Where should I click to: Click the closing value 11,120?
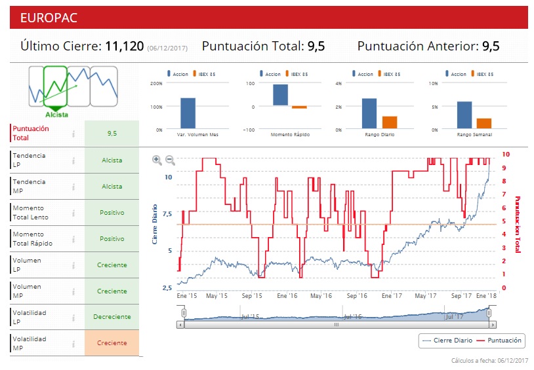click(124, 46)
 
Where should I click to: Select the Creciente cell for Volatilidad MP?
click(112, 343)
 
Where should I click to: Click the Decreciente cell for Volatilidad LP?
click(112, 317)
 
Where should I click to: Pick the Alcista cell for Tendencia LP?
click(112, 160)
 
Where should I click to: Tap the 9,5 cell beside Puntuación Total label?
click(112, 133)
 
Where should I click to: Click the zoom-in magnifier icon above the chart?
click(157, 160)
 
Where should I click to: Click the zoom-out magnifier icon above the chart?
click(170, 160)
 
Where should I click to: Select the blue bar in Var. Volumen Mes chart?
click(188, 113)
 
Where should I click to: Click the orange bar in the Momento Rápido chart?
click(299, 107)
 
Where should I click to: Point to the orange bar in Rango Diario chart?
click(390, 122)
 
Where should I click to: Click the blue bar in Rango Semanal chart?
click(464, 115)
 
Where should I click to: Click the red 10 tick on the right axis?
click(505, 155)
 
